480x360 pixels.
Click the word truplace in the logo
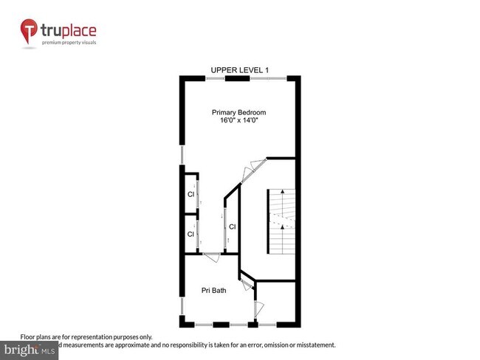(69, 30)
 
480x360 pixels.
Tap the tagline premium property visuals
(69, 43)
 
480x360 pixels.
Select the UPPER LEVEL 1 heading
(239, 70)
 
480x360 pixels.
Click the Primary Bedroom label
(239, 112)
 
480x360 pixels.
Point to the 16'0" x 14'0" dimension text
(239, 121)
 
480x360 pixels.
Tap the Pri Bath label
(213, 290)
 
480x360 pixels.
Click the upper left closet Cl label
(190, 195)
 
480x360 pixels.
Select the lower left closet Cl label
(190, 234)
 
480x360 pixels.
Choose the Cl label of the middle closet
(232, 226)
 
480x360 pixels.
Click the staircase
(281, 221)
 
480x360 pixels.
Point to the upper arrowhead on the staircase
(281, 192)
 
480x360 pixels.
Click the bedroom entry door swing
(252, 169)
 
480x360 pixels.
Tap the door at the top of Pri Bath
(211, 256)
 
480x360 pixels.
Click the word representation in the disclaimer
(99, 336)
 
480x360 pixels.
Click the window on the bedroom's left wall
(182, 154)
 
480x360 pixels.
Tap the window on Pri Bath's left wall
(182, 305)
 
